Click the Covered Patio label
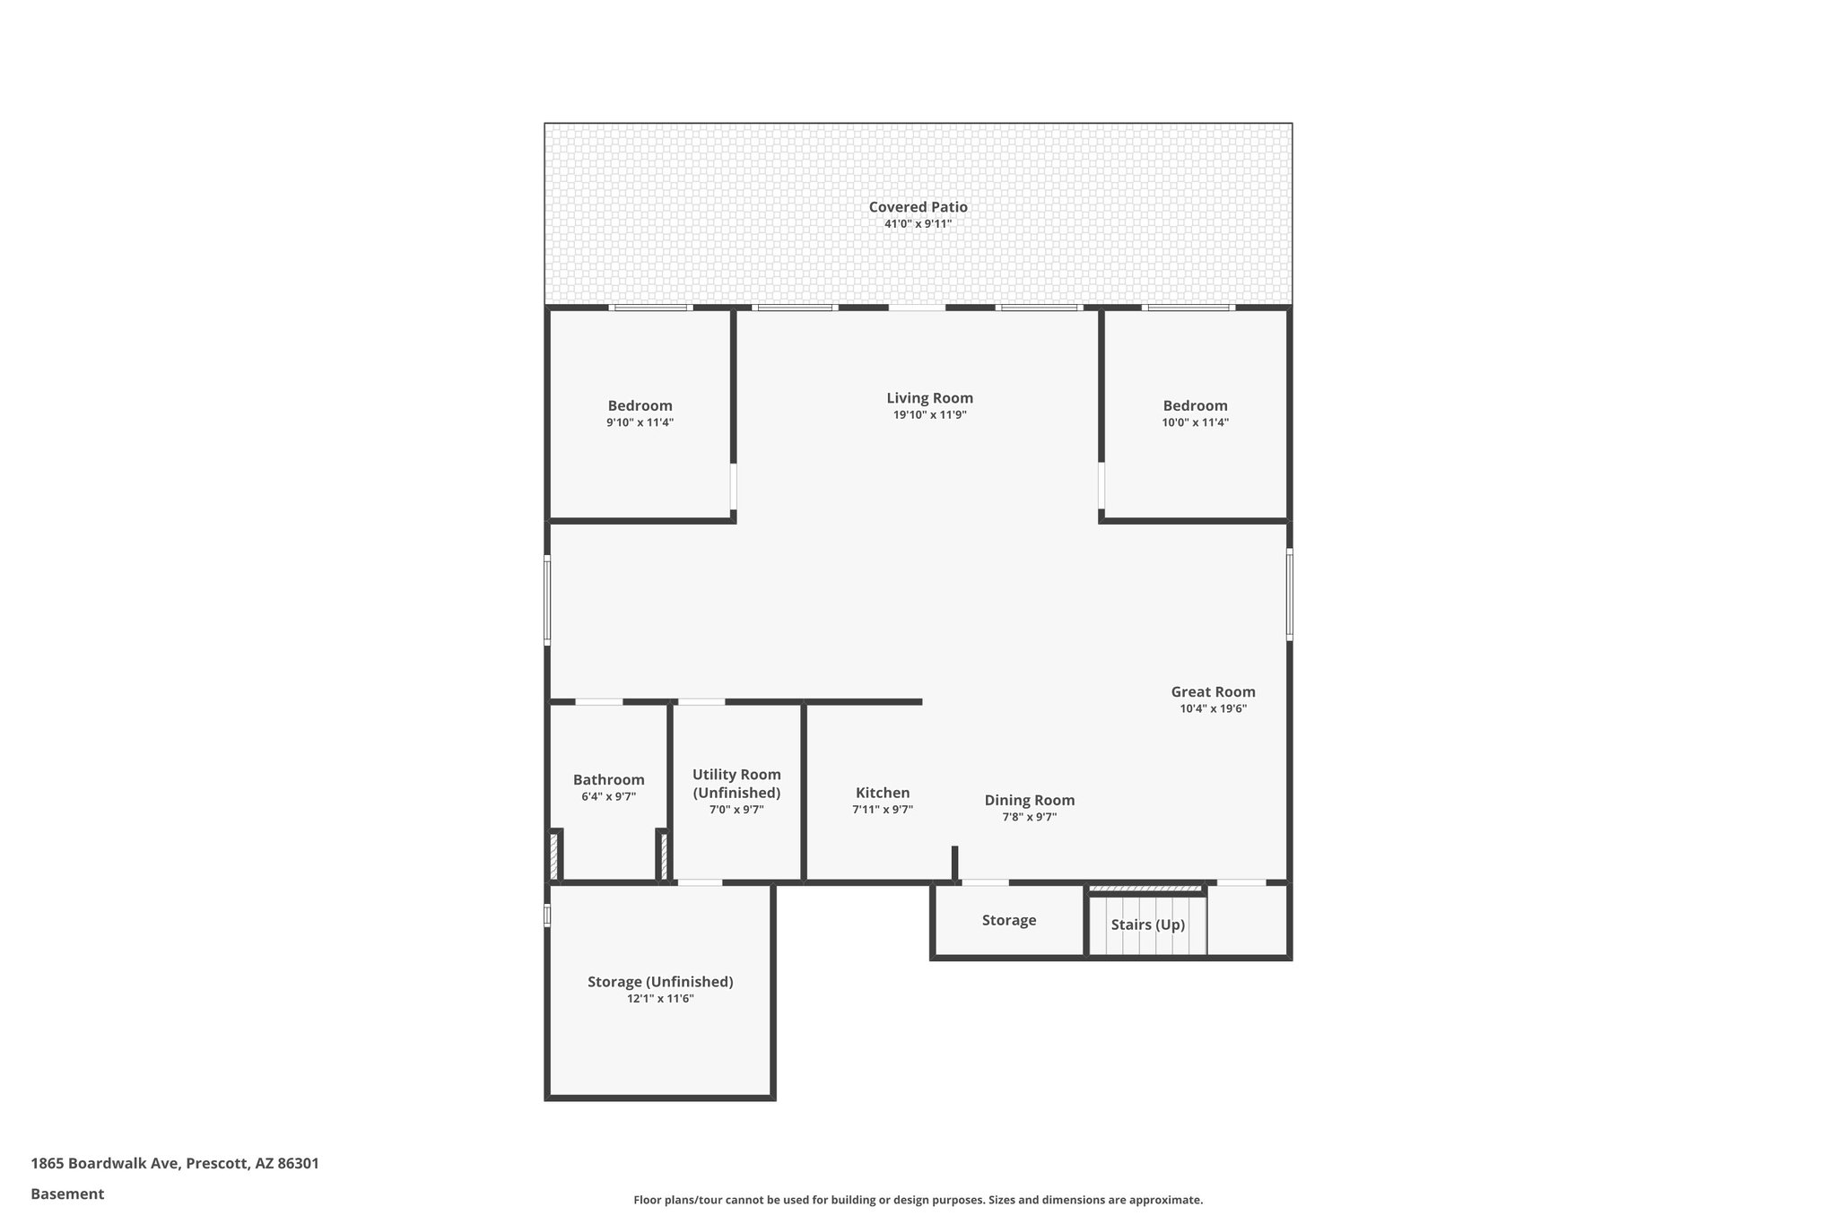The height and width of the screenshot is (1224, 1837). coord(918,207)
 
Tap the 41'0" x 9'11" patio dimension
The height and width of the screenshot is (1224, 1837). coord(918,224)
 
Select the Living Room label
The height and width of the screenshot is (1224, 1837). coord(929,398)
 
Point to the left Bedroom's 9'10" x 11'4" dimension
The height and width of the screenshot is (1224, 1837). coord(640,422)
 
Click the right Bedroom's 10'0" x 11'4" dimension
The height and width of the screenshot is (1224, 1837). coord(1195,422)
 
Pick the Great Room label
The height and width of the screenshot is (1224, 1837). coord(1213,692)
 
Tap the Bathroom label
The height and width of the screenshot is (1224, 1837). coord(608,780)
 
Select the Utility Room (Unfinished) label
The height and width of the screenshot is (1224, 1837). coord(736,784)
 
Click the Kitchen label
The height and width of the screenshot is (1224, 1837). coord(883,793)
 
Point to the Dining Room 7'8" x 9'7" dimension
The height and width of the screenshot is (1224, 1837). coord(1029,817)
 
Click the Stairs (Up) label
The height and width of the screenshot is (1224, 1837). coord(1147,925)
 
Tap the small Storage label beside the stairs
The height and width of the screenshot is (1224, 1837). coord(1008,920)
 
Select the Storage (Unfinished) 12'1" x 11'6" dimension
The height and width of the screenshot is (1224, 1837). coord(660,998)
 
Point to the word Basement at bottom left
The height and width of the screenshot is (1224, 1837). coord(67,1194)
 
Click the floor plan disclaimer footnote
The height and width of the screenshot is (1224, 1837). coord(918,1200)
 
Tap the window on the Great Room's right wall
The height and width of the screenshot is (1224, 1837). coord(1290,594)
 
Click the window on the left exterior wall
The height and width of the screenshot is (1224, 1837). coord(547,600)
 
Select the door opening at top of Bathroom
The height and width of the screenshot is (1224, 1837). coord(599,701)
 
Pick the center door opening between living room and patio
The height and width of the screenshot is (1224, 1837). coord(917,308)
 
